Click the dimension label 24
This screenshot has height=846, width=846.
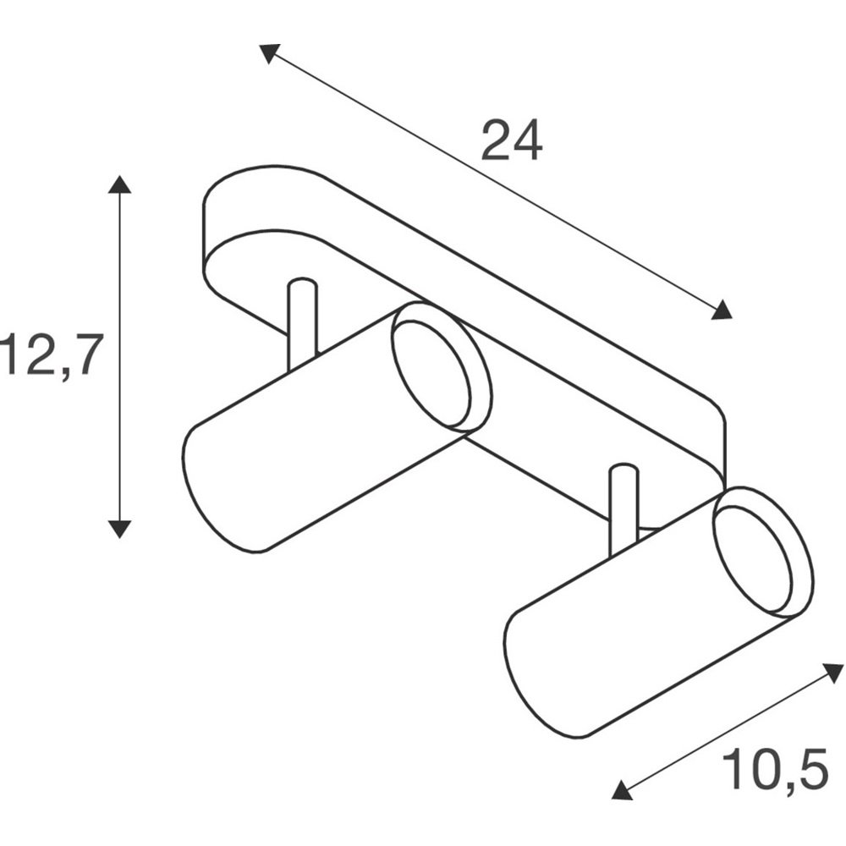point(511,140)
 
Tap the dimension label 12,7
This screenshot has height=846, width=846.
point(52,356)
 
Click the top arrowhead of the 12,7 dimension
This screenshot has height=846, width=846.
point(119,184)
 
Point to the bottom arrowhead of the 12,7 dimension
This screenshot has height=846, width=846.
point(119,530)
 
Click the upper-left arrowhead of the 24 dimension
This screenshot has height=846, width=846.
point(269,52)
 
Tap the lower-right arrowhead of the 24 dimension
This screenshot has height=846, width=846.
point(722,310)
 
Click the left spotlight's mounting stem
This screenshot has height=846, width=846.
point(303,324)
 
